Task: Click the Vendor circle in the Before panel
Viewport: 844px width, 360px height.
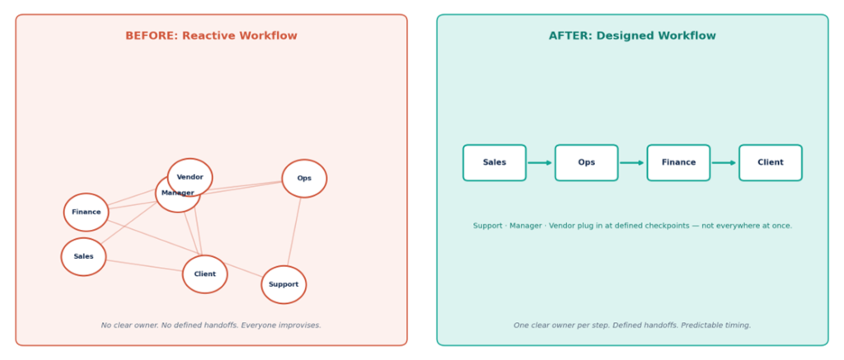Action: tap(190, 177)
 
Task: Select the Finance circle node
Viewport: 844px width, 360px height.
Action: tap(86, 212)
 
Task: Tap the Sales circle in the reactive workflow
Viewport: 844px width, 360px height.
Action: tap(83, 257)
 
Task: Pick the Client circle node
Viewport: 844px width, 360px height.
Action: tap(205, 274)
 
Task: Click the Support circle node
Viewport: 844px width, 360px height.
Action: tap(284, 285)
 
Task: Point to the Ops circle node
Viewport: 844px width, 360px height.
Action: tap(304, 178)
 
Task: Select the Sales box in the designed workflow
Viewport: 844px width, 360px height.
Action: tap(495, 162)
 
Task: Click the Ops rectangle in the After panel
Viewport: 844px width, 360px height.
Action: tap(586, 162)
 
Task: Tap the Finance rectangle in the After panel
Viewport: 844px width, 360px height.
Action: tap(678, 162)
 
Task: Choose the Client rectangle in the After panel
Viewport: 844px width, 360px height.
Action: tap(771, 162)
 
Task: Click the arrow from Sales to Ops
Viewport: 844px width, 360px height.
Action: tap(540, 162)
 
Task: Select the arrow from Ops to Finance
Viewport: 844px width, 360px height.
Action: tap(632, 162)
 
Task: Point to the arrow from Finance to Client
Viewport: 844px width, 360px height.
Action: tap(724, 162)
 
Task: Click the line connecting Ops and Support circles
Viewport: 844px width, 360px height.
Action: tap(294, 232)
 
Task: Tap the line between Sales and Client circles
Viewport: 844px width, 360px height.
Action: tap(144, 266)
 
